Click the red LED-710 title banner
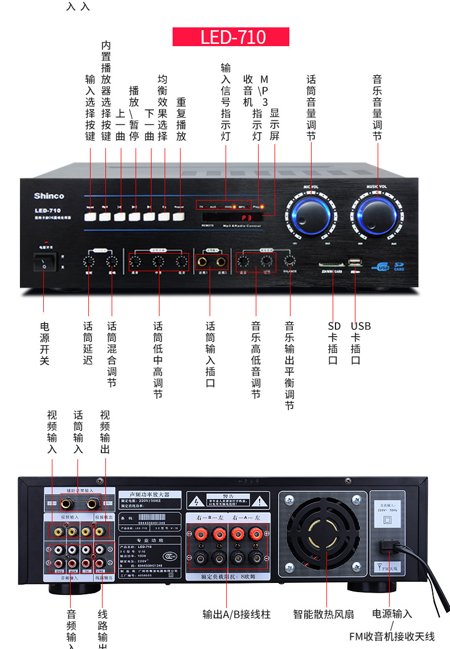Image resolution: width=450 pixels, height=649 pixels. point(231,37)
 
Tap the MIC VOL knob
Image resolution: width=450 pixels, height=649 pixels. point(311,213)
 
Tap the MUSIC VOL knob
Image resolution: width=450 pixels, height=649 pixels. point(376,213)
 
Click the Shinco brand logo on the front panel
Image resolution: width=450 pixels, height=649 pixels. point(49,196)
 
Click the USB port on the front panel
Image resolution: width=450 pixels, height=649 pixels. point(355,263)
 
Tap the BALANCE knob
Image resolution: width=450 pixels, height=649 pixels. point(290,260)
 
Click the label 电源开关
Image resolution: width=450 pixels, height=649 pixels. point(45,344)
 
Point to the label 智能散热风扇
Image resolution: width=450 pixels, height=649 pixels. point(324,614)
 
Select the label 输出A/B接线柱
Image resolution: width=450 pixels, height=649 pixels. point(236,614)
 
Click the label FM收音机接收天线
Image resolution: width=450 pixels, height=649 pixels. point(392,636)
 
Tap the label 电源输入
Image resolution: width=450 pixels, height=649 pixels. point(392,614)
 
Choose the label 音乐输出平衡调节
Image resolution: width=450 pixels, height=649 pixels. point(290,365)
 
